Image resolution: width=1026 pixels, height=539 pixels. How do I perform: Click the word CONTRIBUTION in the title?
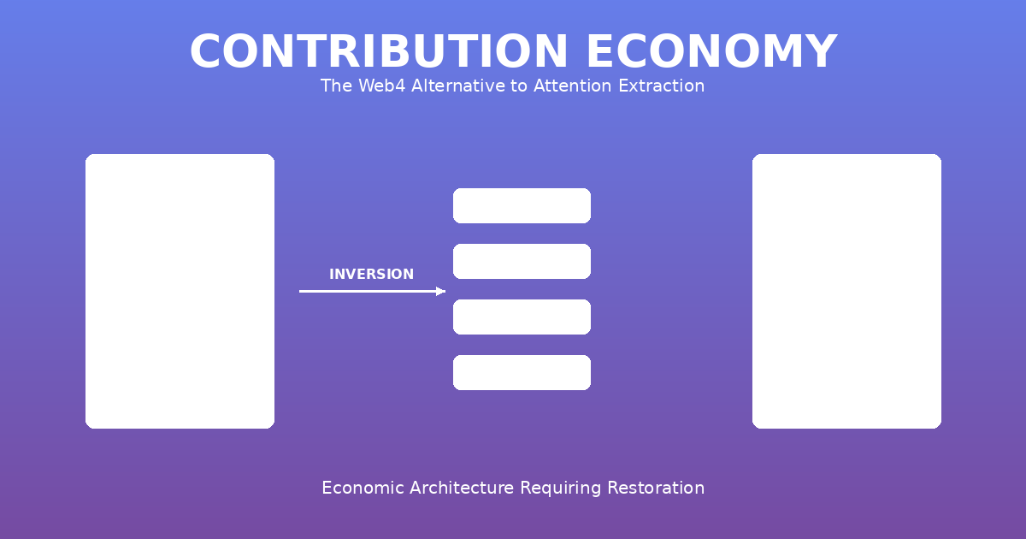coord(379,51)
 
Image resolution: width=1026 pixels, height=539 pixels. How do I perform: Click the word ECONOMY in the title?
coord(712,51)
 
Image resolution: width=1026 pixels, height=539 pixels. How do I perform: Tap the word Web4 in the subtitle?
coord(382,86)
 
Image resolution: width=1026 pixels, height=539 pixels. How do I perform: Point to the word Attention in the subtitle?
coord(573,86)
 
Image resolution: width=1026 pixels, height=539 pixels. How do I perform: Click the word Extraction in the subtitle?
coord(662,86)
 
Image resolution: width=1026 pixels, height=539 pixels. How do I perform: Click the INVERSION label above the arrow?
coord(371,274)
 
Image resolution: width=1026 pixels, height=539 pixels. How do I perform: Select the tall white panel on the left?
coord(180,291)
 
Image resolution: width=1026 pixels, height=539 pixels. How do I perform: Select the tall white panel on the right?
coord(846,291)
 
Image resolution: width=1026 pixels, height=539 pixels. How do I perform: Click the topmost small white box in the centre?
coord(522,206)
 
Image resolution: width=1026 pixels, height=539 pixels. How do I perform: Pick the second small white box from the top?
coord(522,261)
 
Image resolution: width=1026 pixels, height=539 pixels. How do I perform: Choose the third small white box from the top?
coord(522,317)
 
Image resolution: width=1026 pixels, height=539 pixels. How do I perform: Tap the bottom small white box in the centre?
coord(522,373)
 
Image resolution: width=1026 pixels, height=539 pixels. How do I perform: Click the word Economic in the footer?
coord(363,488)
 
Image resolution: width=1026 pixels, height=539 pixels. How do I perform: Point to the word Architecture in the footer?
coord(462,488)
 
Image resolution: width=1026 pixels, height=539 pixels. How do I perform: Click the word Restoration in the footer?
coord(656,488)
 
